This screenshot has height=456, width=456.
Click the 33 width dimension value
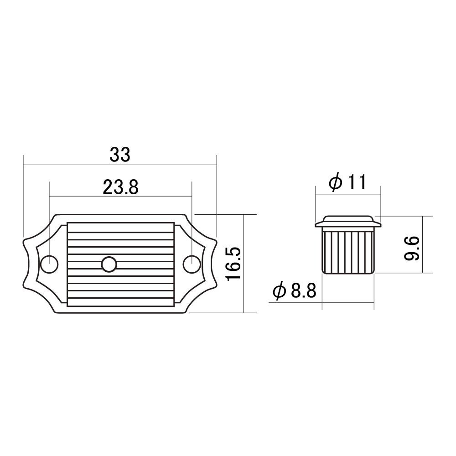point(120,155)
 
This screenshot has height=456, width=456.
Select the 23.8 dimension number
point(120,187)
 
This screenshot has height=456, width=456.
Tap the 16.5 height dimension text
point(233,264)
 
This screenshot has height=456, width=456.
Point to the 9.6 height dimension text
point(411,248)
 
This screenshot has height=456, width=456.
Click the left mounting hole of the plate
point(49,264)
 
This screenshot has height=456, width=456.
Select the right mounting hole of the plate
point(192,264)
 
